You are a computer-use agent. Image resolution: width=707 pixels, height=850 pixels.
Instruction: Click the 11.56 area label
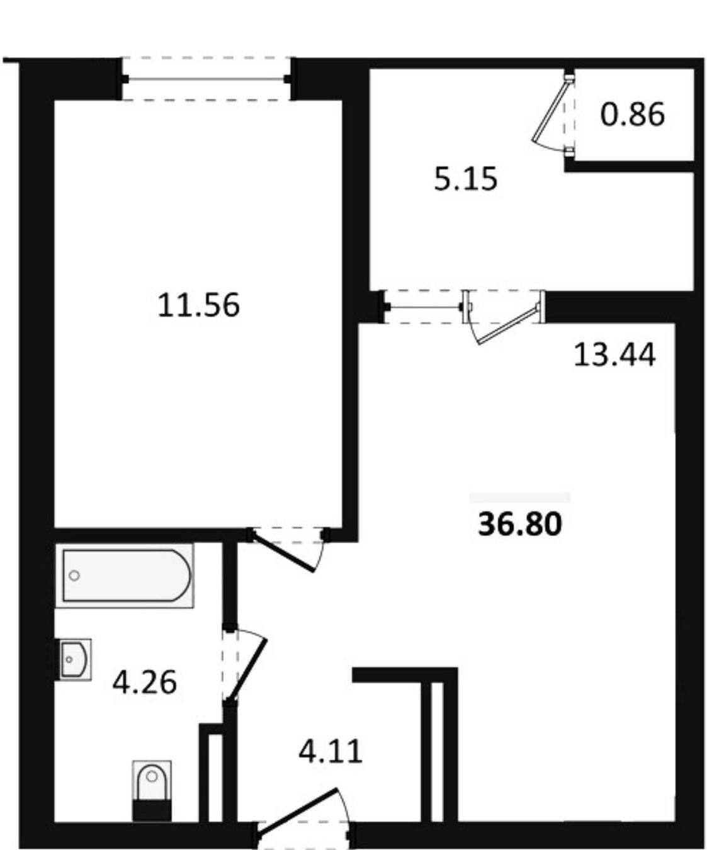198,305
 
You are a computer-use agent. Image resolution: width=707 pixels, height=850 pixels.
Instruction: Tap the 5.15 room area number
465,179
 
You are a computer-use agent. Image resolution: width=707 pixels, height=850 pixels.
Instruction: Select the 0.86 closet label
632,115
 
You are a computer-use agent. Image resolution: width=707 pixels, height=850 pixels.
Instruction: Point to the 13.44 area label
614,354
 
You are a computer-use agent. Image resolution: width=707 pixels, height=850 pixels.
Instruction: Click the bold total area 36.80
520,524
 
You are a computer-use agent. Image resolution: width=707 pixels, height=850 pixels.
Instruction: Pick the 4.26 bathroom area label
145,683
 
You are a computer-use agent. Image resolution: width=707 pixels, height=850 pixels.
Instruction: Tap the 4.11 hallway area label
330,752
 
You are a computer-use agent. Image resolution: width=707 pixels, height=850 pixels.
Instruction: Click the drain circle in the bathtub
74,575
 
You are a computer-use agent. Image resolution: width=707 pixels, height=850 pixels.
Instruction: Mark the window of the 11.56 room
206,79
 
